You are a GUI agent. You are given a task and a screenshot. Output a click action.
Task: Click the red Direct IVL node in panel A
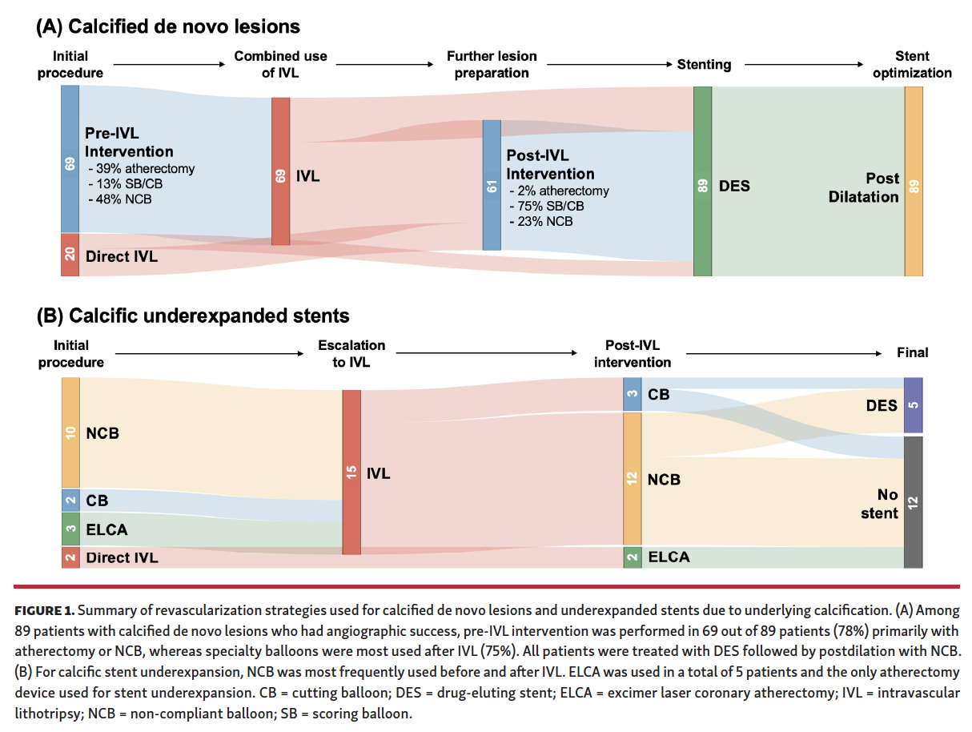click(70, 255)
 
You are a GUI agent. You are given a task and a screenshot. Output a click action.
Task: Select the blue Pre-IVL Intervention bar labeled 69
click(70, 159)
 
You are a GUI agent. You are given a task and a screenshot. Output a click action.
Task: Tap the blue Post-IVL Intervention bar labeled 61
click(492, 185)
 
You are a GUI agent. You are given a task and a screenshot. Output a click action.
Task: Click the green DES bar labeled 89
click(702, 182)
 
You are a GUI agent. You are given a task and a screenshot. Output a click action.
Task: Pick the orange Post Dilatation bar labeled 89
click(914, 182)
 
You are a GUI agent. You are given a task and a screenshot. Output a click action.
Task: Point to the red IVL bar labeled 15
click(351, 473)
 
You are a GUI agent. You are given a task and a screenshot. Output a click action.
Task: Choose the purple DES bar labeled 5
click(913, 405)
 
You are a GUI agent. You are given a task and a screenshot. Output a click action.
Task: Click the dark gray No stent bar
click(913, 502)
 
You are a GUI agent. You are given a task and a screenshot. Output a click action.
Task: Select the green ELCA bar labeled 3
click(70, 529)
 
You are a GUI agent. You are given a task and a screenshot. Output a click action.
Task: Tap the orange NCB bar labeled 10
click(70, 432)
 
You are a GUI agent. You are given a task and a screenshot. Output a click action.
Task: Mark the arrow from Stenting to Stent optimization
click(803, 64)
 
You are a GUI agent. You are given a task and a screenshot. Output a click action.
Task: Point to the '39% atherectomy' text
click(141, 169)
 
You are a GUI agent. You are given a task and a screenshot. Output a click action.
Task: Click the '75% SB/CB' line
click(546, 206)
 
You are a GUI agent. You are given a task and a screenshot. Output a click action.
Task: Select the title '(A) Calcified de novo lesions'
click(168, 26)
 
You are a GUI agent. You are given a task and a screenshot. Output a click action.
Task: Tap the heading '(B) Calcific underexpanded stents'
click(193, 316)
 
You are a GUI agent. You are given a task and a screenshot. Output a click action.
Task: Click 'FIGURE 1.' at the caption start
click(44, 610)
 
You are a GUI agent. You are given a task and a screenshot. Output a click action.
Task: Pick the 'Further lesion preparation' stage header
click(492, 64)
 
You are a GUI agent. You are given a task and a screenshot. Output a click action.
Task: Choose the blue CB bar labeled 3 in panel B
click(633, 395)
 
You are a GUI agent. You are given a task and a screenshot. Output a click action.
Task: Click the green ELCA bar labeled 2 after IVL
click(633, 557)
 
